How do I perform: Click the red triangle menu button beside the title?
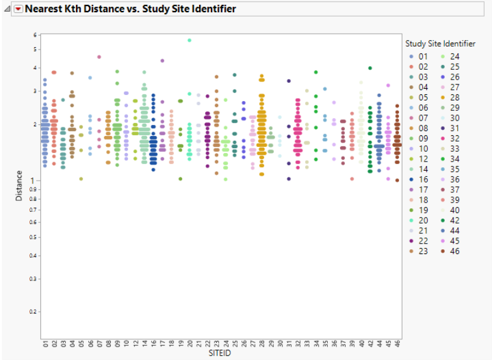coord(18,9)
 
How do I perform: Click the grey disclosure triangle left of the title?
coord(6,9)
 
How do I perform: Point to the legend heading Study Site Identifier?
coord(440,43)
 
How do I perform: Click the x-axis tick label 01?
coord(45,344)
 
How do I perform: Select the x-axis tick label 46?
coord(397,344)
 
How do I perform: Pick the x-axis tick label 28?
coord(262,344)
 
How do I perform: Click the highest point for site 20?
coord(190,40)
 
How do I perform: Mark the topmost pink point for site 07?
coord(99,57)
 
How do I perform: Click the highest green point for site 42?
coord(370,68)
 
